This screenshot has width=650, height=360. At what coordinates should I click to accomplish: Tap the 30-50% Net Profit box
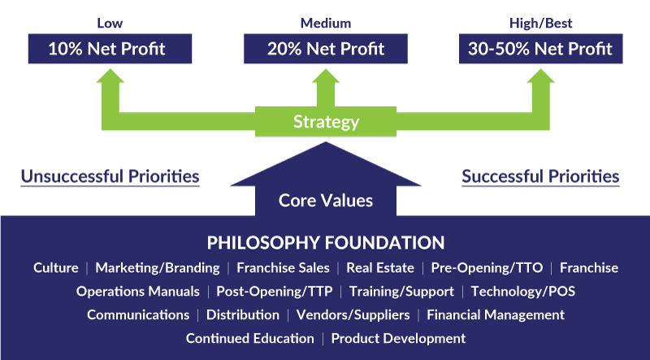(539, 49)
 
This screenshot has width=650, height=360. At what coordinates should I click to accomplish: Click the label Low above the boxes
(110, 23)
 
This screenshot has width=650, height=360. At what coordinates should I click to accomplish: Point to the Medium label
(325, 23)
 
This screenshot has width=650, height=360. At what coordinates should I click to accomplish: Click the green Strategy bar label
(326, 122)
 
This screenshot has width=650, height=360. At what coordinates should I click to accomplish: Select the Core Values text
(325, 200)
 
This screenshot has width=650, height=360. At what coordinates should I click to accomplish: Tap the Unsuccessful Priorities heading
(110, 176)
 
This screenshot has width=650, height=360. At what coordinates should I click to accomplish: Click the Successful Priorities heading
(540, 176)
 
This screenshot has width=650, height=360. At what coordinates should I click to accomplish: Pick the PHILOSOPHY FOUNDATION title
(325, 242)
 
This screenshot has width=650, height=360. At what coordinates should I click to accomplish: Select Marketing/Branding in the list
(158, 267)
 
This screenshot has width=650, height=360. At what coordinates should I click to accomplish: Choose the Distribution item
(242, 314)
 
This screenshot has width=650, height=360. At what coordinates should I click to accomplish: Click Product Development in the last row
(398, 338)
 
